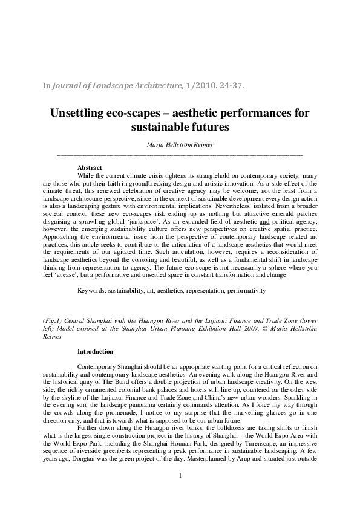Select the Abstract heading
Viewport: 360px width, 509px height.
tap(90, 167)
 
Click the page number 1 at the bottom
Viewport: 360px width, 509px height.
tap(180, 493)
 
